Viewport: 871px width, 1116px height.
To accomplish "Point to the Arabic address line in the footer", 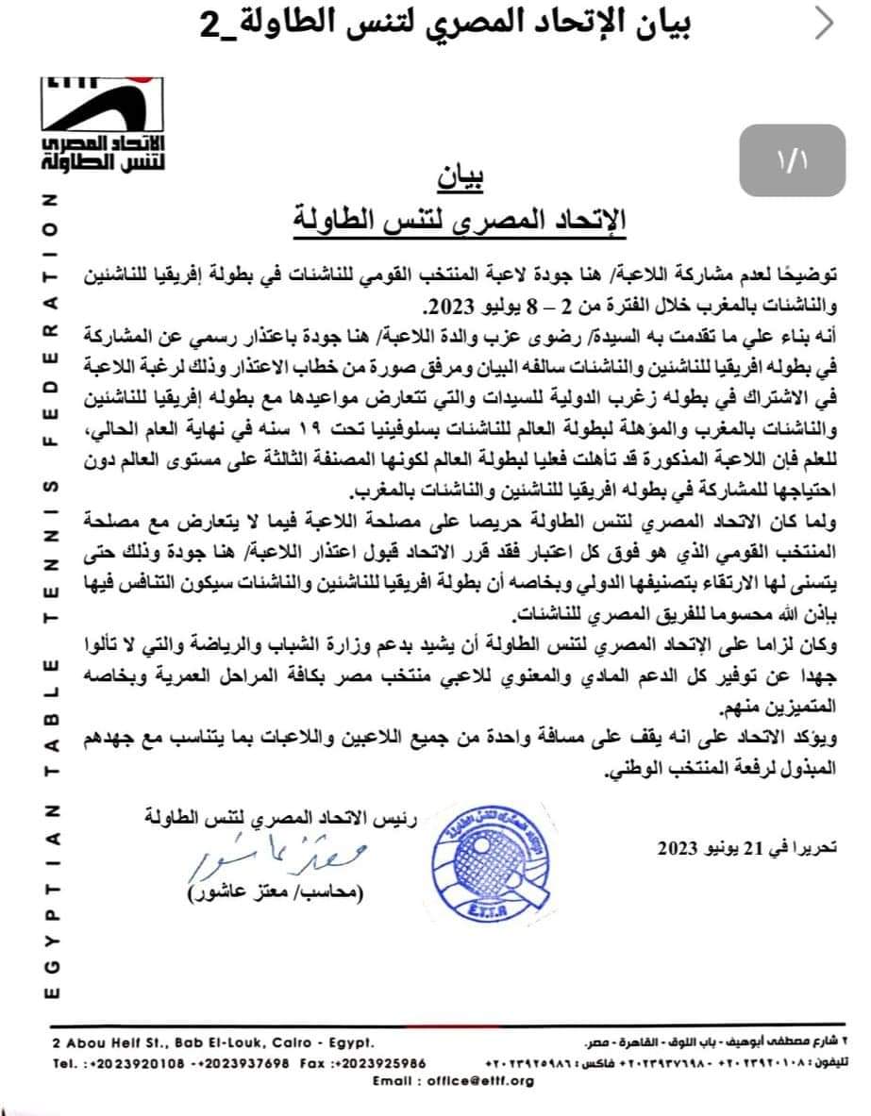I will pos(704,1043).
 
